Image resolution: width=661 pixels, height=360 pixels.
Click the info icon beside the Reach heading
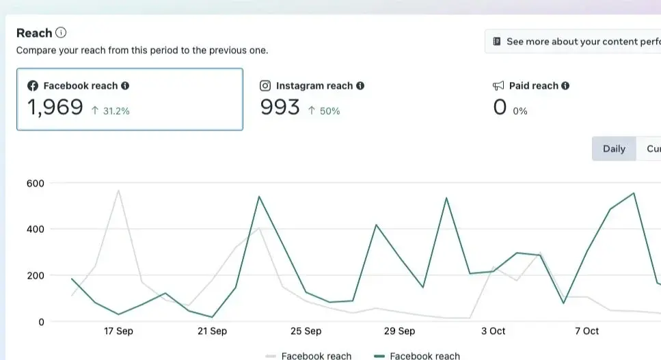62,33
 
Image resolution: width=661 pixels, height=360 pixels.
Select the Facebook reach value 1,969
55,108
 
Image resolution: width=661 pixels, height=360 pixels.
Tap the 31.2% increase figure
110,111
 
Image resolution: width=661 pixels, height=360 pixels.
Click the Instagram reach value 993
280,108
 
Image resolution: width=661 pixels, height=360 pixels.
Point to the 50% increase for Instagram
324,111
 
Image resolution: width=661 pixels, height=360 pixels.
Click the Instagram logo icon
265,86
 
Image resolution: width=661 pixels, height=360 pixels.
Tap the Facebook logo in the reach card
32,86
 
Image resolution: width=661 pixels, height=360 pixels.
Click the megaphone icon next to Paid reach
498,86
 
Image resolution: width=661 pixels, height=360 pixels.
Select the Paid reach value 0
500,108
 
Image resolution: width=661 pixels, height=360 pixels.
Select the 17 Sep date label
118,331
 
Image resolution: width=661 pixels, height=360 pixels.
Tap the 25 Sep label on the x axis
306,331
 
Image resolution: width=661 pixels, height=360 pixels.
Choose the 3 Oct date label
493,331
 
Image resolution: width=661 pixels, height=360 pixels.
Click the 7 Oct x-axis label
586,331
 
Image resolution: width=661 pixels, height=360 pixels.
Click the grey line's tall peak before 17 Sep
118,191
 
